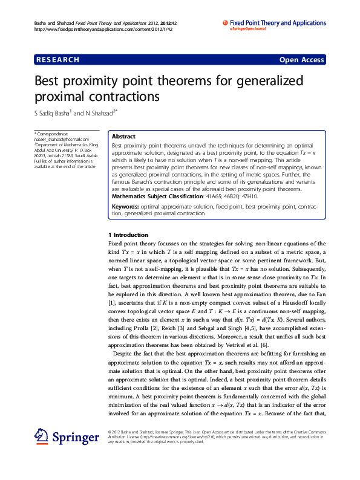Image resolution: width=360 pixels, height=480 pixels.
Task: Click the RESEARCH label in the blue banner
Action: (x=57, y=60)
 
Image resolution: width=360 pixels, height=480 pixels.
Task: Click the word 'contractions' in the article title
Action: (x=120, y=96)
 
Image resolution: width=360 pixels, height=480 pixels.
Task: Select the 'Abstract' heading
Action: (x=123, y=137)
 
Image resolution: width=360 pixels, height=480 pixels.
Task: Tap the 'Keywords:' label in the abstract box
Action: (x=125, y=207)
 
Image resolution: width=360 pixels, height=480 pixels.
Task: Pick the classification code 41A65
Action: (x=212, y=196)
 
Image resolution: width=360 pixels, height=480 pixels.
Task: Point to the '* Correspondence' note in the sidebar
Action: (x=51, y=134)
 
